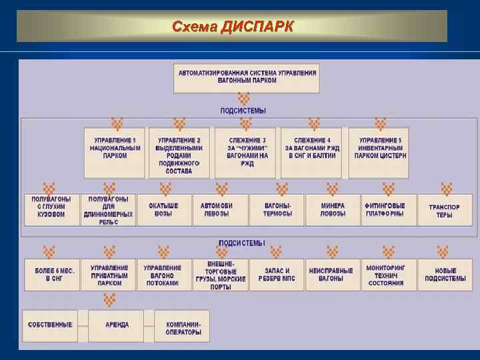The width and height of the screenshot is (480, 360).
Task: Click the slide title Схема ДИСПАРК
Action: tap(232, 27)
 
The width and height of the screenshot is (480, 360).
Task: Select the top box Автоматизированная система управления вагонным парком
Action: tap(247, 77)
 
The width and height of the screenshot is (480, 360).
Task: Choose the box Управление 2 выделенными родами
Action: tap(179, 152)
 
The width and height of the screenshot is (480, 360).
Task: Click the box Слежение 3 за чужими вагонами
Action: tap(246, 152)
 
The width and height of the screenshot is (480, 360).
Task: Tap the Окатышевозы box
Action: tap(163, 210)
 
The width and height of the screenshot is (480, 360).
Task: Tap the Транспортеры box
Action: tap(445, 210)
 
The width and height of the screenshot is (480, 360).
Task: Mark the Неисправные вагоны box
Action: tap(331, 275)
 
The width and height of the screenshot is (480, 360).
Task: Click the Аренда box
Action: tap(117, 325)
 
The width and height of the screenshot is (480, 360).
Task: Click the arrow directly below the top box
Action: tap(244, 99)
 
